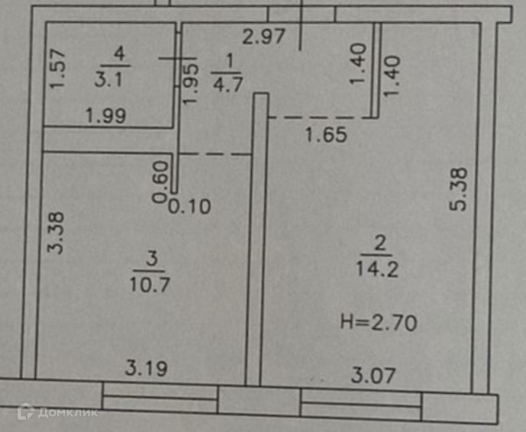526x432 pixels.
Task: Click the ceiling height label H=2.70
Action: coord(378,323)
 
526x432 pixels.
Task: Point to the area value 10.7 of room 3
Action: coord(151,284)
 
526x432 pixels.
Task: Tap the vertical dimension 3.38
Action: coord(64,233)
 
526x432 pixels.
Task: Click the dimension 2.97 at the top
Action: coord(262,34)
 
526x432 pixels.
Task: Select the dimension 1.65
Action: coord(326,137)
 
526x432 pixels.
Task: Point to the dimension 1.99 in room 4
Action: coord(106,117)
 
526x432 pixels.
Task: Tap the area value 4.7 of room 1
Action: coord(227,84)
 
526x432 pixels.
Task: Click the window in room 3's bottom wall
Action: coord(160,398)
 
